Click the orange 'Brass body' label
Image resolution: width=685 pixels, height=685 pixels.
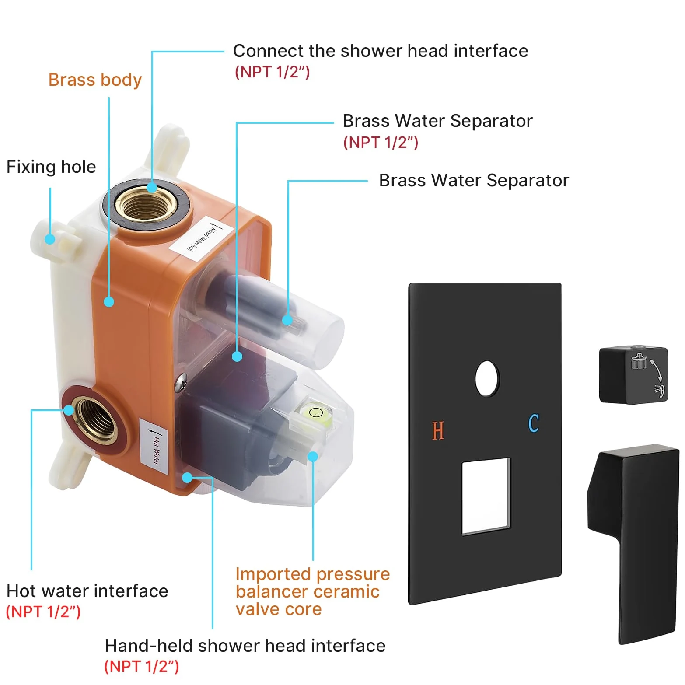[x=95, y=80]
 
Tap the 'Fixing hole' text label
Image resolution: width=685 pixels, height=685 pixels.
[x=51, y=167]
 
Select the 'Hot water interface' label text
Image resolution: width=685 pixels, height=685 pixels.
[x=87, y=591]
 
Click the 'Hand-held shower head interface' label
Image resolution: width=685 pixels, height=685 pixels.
[x=245, y=646]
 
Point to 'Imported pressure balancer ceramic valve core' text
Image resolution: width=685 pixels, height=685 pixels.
[x=312, y=591]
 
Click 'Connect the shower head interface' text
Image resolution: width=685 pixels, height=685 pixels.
[x=381, y=51]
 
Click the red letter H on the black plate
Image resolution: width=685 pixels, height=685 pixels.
[x=438, y=430]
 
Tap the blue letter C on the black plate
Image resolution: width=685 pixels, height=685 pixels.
[x=534, y=423]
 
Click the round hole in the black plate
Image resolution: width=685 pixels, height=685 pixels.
[x=487, y=378]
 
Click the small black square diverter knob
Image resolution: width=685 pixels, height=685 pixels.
[x=633, y=375]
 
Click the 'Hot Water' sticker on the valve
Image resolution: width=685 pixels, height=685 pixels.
[x=154, y=446]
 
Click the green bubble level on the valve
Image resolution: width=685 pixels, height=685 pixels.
[x=315, y=412]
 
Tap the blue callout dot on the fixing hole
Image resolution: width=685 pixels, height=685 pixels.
[x=50, y=239]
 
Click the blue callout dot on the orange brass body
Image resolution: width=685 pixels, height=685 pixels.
[x=109, y=301]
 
